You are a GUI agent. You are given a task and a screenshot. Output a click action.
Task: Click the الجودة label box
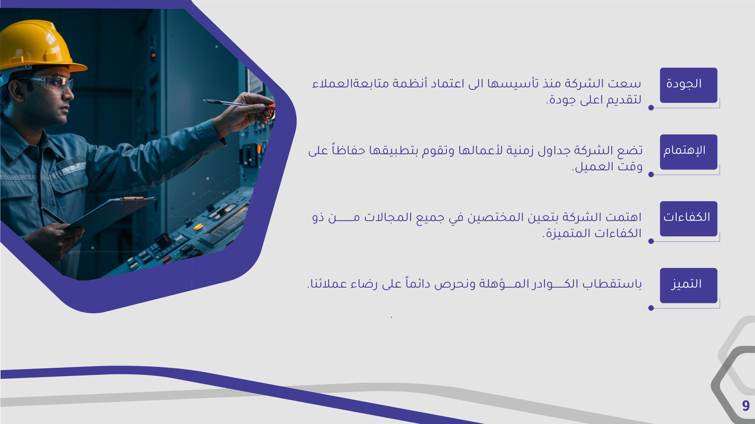pos(689,85)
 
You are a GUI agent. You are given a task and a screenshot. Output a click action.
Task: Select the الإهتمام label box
pos(689,152)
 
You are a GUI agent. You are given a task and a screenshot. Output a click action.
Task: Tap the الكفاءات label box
pos(689,219)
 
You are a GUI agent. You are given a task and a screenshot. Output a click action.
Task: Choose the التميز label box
pos(689,285)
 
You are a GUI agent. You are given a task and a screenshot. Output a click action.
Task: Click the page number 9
pos(746,406)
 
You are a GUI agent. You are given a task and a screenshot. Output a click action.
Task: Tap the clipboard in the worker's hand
pos(111,217)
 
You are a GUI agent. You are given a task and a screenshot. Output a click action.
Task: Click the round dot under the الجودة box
pos(651,108)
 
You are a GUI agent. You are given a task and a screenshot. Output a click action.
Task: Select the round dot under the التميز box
pos(651,308)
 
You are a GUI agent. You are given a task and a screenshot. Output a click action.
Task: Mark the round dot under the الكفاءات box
pos(651,241)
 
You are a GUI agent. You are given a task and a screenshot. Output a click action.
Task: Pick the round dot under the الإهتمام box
pos(651,174)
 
